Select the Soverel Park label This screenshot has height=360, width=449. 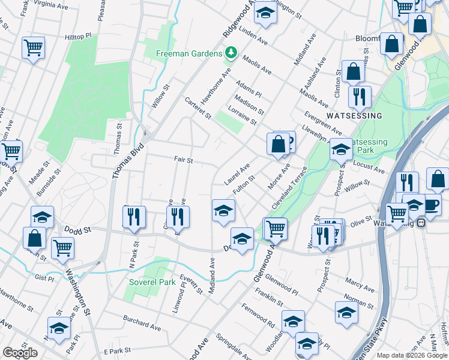pyautogui.click(x=152, y=281)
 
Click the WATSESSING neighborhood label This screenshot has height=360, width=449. pyautogui.click(x=354, y=115)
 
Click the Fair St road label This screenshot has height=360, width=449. pyautogui.click(x=183, y=160)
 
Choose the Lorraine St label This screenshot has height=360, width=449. pyautogui.click(x=243, y=115)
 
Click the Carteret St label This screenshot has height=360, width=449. pyautogui.click(x=197, y=107)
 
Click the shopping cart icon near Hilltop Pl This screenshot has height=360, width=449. pyautogui.click(x=33, y=47)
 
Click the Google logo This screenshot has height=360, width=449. pyautogui.click(x=20, y=353)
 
